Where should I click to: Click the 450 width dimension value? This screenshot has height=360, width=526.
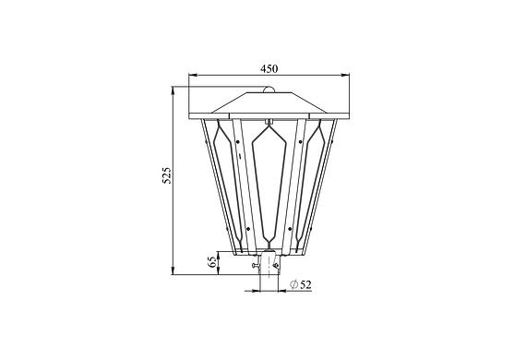269,68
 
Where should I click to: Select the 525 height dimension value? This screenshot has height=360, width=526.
167,175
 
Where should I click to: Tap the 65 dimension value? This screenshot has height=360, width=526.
212,262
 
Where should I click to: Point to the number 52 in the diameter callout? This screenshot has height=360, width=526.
305,285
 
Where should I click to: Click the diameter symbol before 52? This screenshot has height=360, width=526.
293,285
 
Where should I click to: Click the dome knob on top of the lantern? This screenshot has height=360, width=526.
268,90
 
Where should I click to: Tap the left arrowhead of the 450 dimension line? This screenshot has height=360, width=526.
193,75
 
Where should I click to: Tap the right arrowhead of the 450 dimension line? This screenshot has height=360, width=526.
345,75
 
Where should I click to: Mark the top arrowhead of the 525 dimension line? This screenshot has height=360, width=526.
173,90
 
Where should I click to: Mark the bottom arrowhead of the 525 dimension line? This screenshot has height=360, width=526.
173,270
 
